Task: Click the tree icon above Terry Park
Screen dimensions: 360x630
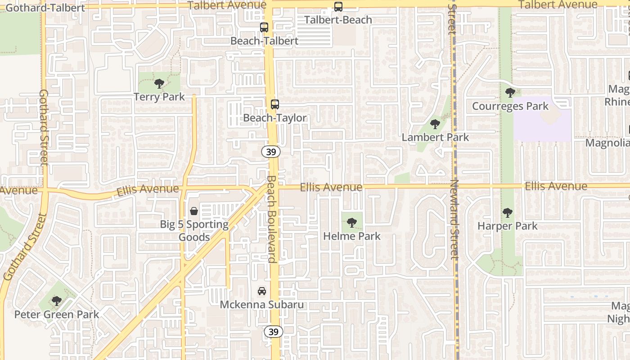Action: [x=159, y=84]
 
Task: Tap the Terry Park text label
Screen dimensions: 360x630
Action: [x=159, y=97]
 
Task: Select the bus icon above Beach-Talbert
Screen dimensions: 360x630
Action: [x=264, y=27]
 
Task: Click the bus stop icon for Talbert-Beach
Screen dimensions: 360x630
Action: [x=338, y=7]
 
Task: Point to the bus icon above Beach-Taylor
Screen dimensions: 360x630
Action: [x=275, y=104]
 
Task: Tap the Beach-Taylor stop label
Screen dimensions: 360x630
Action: [x=274, y=118]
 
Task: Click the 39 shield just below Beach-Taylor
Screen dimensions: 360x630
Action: [x=271, y=152]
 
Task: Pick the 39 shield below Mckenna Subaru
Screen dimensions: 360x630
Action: [x=273, y=332]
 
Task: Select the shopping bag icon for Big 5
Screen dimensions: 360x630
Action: [x=194, y=211]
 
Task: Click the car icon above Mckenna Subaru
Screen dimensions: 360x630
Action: [x=262, y=291]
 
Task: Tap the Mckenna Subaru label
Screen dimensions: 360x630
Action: [x=261, y=305]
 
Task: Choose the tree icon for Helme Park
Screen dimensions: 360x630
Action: [x=352, y=222]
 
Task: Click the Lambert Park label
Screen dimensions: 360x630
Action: [x=435, y=137]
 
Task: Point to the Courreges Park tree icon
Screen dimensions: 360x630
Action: [x=510, y=93]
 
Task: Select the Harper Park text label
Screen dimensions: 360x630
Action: [x=507, y=226]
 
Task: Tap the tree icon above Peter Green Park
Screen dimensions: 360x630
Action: [x=56, y=301]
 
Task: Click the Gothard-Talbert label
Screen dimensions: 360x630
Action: [x=45, y=8]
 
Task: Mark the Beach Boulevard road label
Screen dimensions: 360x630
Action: [x=271, y=219]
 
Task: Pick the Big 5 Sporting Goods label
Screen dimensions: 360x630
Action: [x=194, y=230]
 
